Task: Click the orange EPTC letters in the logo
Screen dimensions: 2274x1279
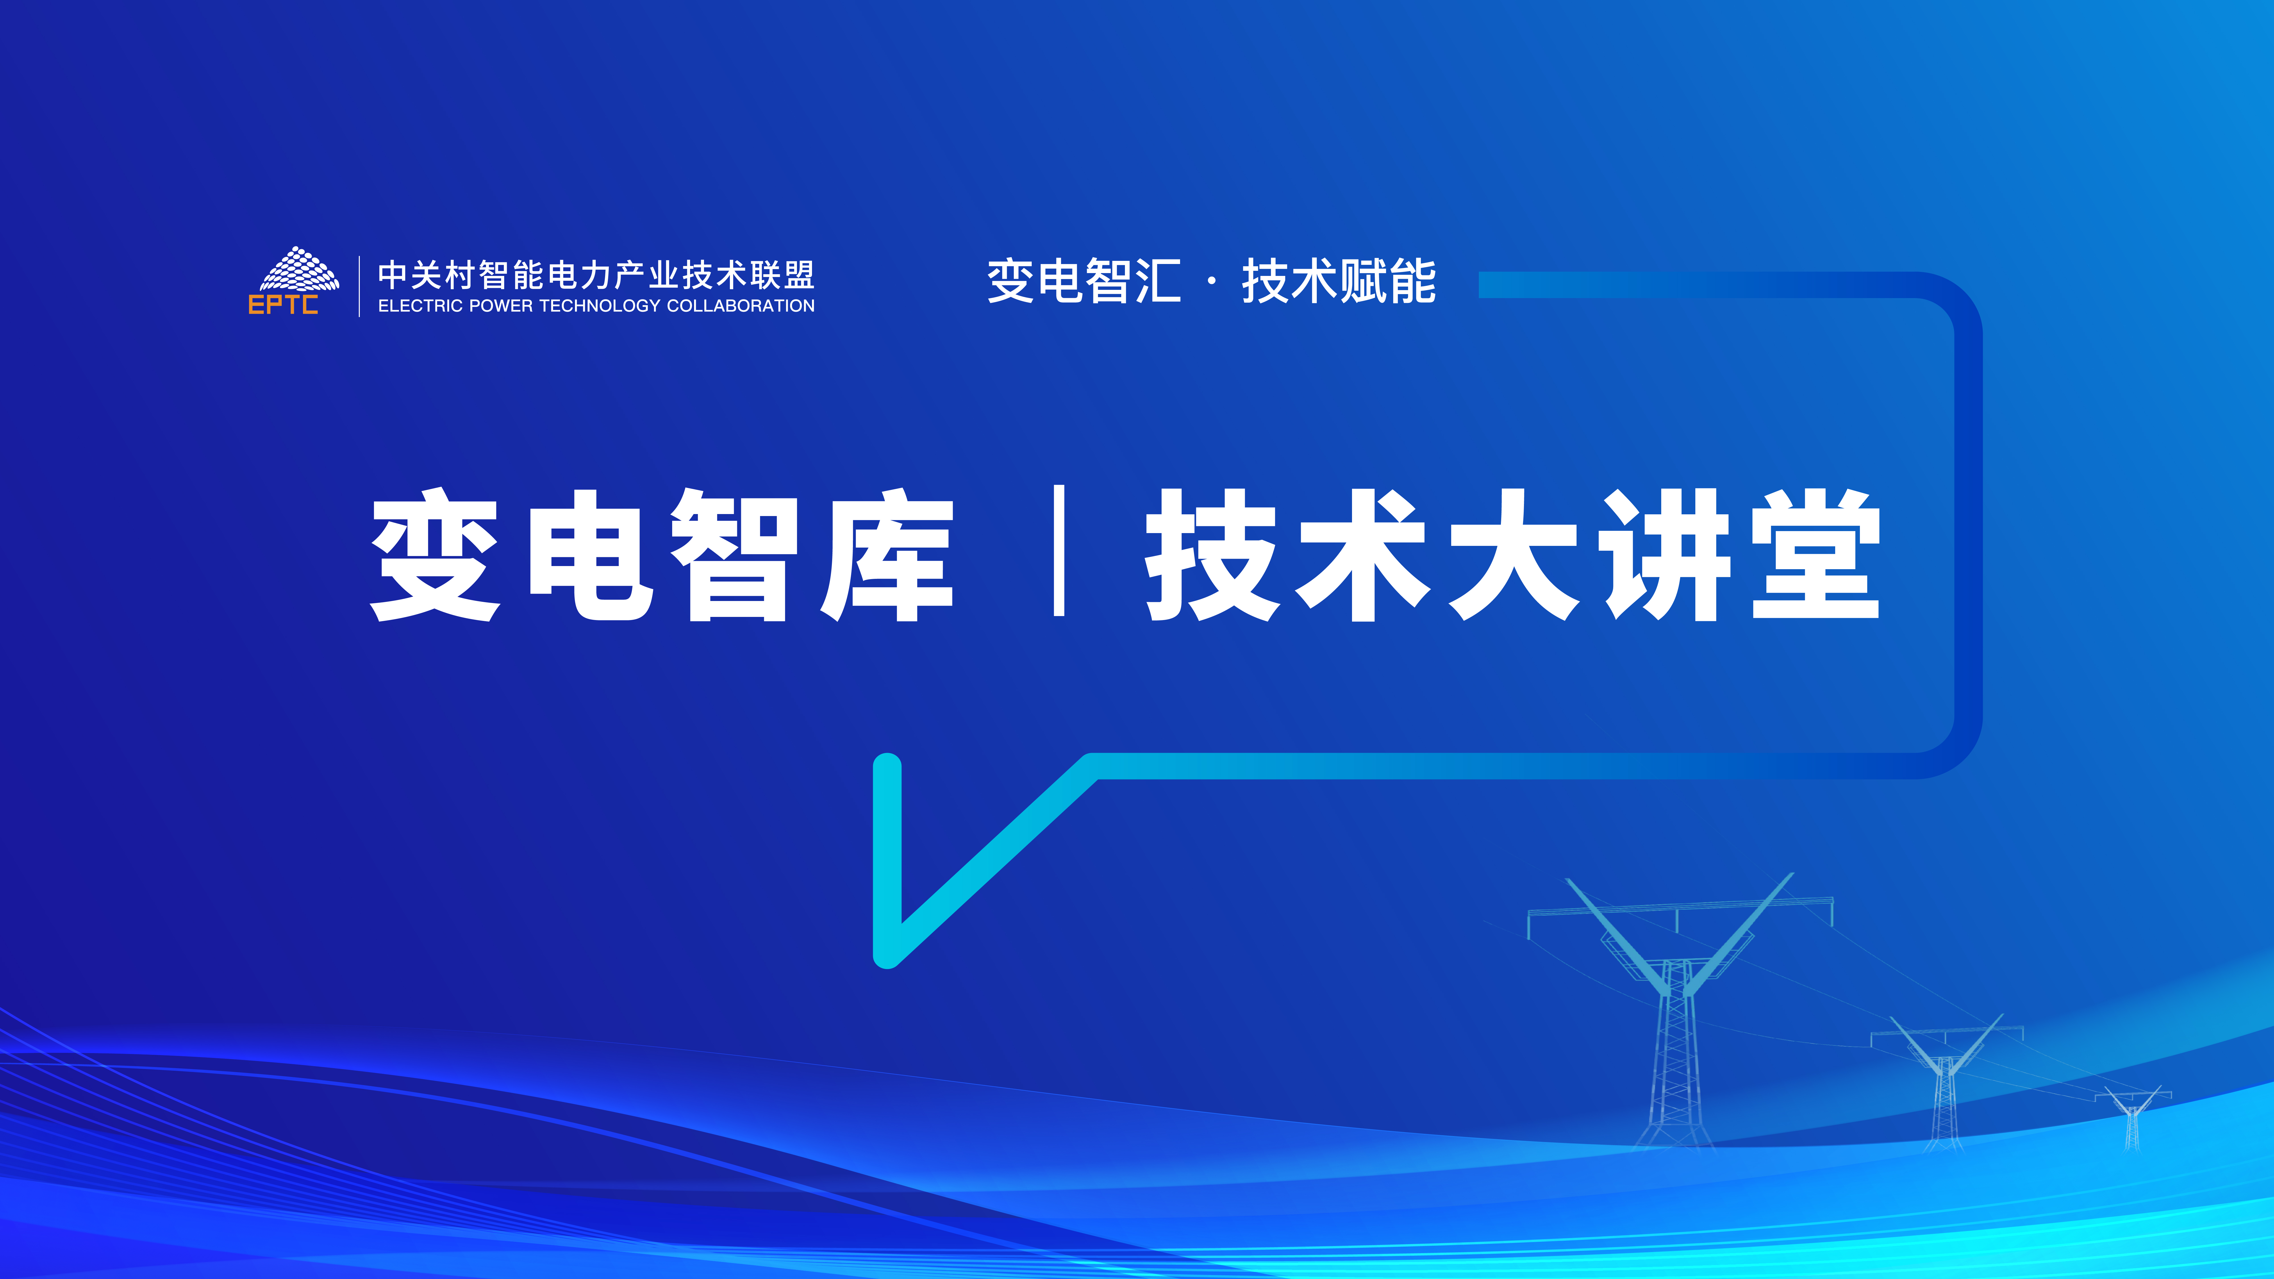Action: (283, 305)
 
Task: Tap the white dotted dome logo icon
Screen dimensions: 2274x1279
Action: (300, 269)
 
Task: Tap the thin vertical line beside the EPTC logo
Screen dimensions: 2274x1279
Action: (359, 286)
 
